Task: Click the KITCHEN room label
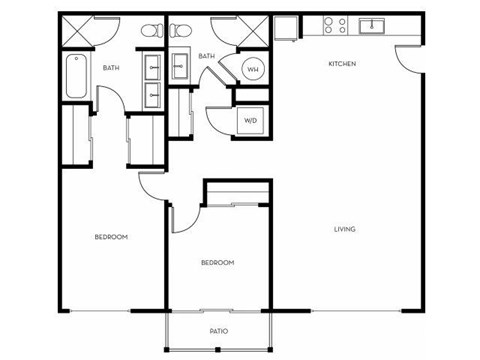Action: point(342,65)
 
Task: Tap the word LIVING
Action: point(345,230)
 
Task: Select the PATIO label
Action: point(218,331)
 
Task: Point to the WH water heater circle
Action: point(253,70)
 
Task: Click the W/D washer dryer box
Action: point(251,121)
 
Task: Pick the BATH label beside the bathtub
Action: point(112,68)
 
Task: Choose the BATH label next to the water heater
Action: point(207,57)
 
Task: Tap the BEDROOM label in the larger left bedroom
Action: point(111,237)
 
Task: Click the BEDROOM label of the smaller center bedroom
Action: point(217,263)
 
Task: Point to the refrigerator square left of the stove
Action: point(287,28)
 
